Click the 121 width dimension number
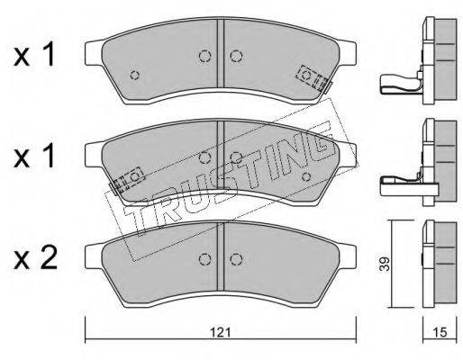pyautogui.click(x=220, y=332)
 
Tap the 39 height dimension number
pyautogui.click(x=385, y=264)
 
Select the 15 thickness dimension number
pyautogui.click(x=440, y=332)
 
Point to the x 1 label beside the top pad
pyautogui.click(x=34, y=55)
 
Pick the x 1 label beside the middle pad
pyautogui.click(x=34, y=156)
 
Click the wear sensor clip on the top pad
pyautogui.click(x=313, y=78)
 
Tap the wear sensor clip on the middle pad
pyautogui.click(x=128, y=181)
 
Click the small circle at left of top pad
pyautogui.click(x=135, y=75)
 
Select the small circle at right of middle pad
pyautogui.click(x=306, y=176)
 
